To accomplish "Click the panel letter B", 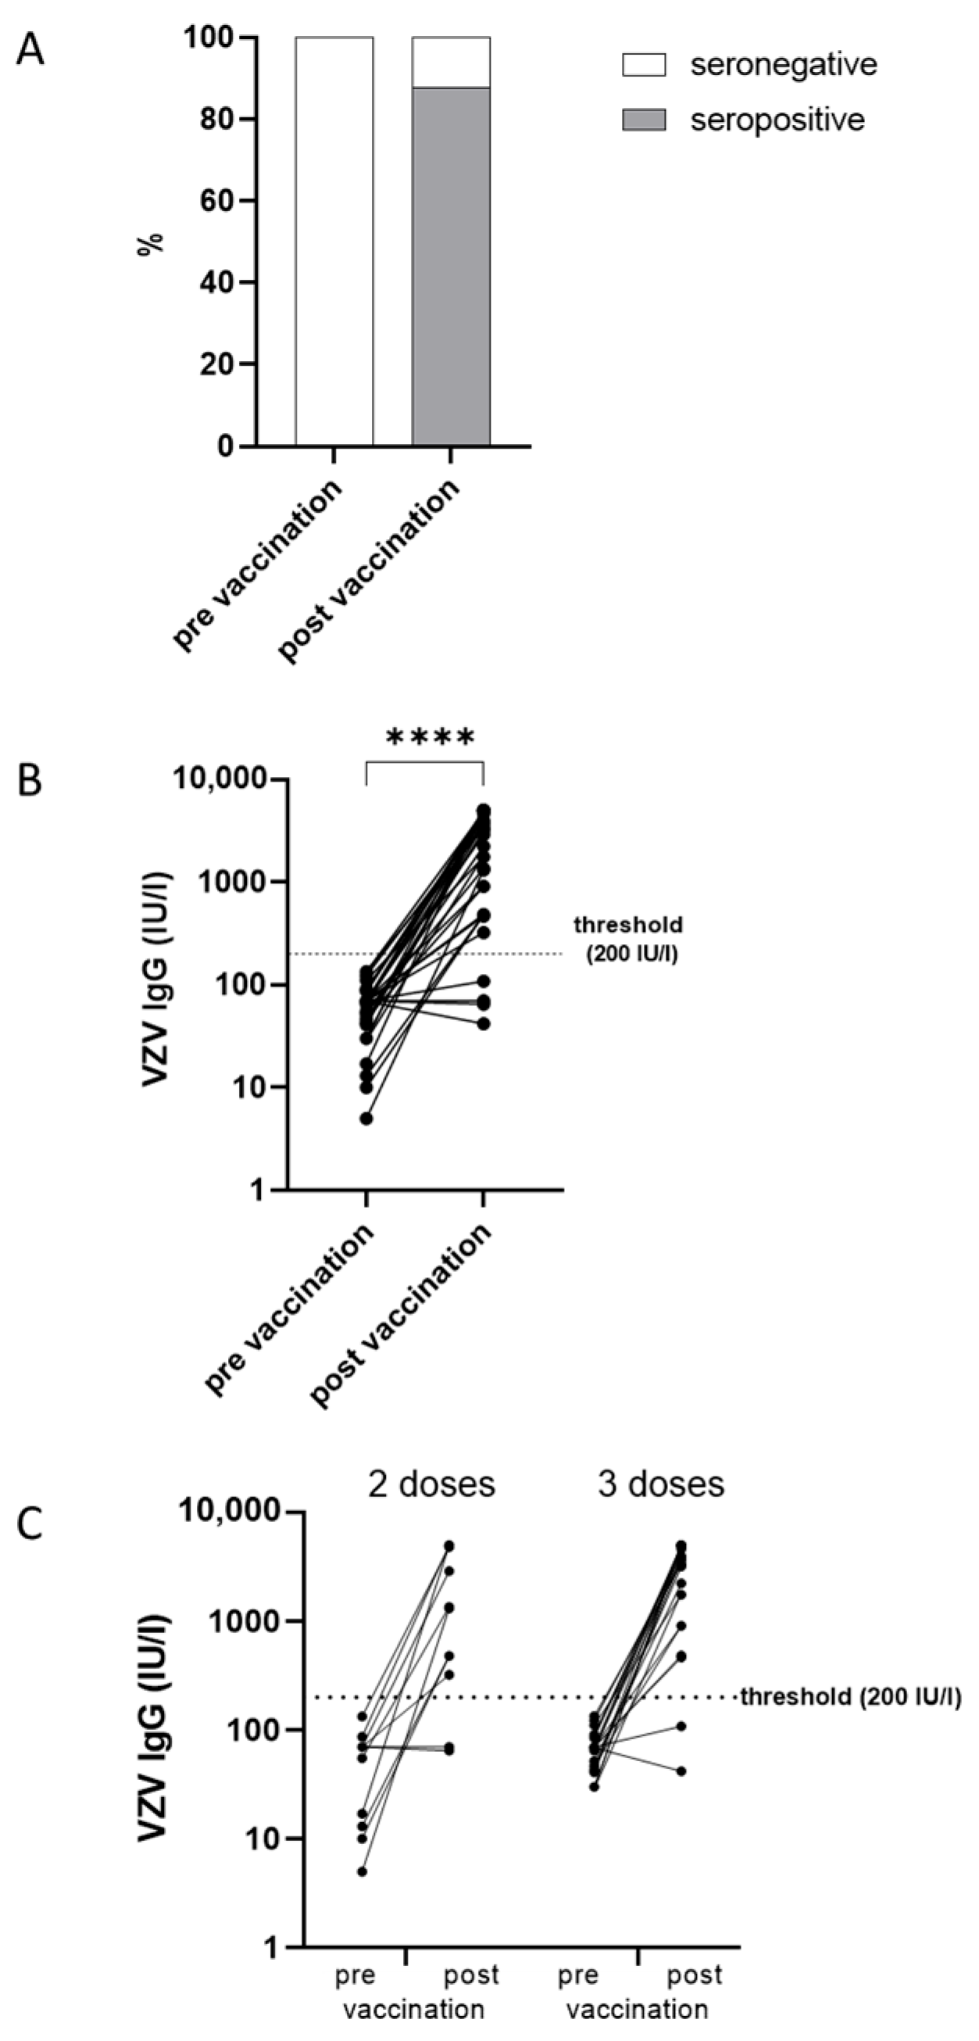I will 30,779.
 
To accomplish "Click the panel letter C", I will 30,1523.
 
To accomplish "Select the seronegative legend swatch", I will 643,65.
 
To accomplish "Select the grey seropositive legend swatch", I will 643,120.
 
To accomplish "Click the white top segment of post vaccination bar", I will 451,62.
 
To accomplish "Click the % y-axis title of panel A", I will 150,242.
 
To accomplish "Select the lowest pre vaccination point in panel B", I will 366,1119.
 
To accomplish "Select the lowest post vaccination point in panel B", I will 483,1024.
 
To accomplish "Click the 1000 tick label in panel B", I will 230,882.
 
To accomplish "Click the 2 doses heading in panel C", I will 431,1484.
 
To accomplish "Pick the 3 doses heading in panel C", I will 660,1484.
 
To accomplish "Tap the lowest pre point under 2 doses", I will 362,1871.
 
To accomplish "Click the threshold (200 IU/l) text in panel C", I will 851,1697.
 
